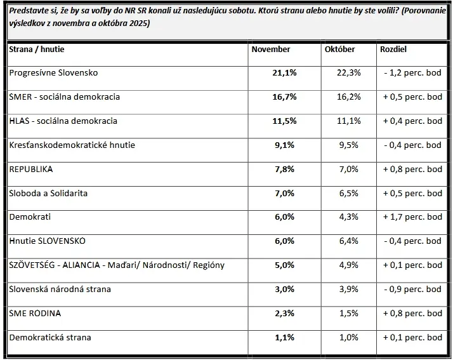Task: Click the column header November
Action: [x=271, y=50]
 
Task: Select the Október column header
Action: [x=339, y=50]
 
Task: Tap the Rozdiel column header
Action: [x=393, y=50]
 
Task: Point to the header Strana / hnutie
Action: [x=37, y=50]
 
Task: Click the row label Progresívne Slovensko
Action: [x=53, y=73]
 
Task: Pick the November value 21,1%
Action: [x=284, y=73]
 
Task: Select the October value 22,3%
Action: [x=348, y=73]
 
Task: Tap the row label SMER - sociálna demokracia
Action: [x=64, y=97]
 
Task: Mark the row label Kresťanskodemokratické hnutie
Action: [x=72, y=145]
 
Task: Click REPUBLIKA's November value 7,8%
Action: [x=284, y=170]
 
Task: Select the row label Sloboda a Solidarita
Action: [x=48, y=193]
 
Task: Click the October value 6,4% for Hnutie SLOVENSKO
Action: [x=350, y=241]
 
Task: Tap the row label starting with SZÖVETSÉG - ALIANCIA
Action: [x=117, y=265]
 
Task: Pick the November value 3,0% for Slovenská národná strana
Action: [x=284, y=290]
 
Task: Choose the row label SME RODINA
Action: [x=35, y=313]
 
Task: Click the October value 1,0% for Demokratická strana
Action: [x=350, y=337]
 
